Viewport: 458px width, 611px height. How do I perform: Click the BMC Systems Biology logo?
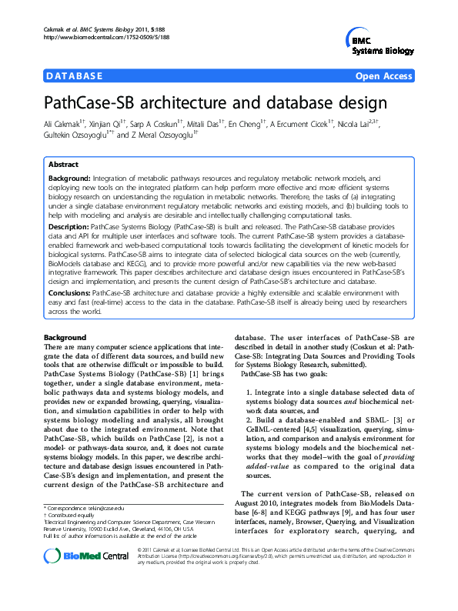(377, 42)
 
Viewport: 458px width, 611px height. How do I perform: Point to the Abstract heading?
(63, 165)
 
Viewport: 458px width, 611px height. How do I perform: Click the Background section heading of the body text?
(65, 338)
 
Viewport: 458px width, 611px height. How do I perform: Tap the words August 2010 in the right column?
(264, 502)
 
